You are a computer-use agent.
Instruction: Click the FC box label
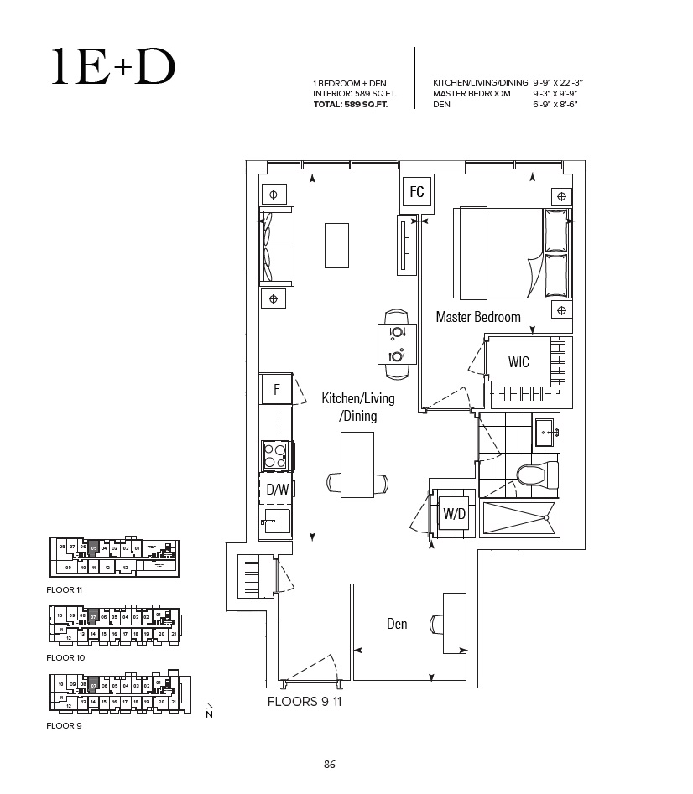click(x=417, y=192)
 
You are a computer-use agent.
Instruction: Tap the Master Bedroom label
click(x=477, y=317)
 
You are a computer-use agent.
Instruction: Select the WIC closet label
click(x=518, y=362)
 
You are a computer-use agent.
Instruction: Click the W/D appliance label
click(x=454, y=514)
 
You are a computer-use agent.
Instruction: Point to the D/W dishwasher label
click(x=277, y=489)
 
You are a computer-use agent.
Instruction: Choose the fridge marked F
click(x=276, y=390)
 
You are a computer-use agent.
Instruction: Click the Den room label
click(x=397, y=624)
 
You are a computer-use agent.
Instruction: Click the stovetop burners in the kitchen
click(x=275, y=455)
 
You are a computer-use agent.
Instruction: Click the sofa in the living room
click(x=277, y=245)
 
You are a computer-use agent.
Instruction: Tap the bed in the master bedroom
click(x=512, y=252)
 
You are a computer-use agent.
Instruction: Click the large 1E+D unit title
click(x=112, y=69)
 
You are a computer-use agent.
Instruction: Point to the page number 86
click(x=330, y=764)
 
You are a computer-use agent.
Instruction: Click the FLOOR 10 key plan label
click(x=65, y=658)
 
